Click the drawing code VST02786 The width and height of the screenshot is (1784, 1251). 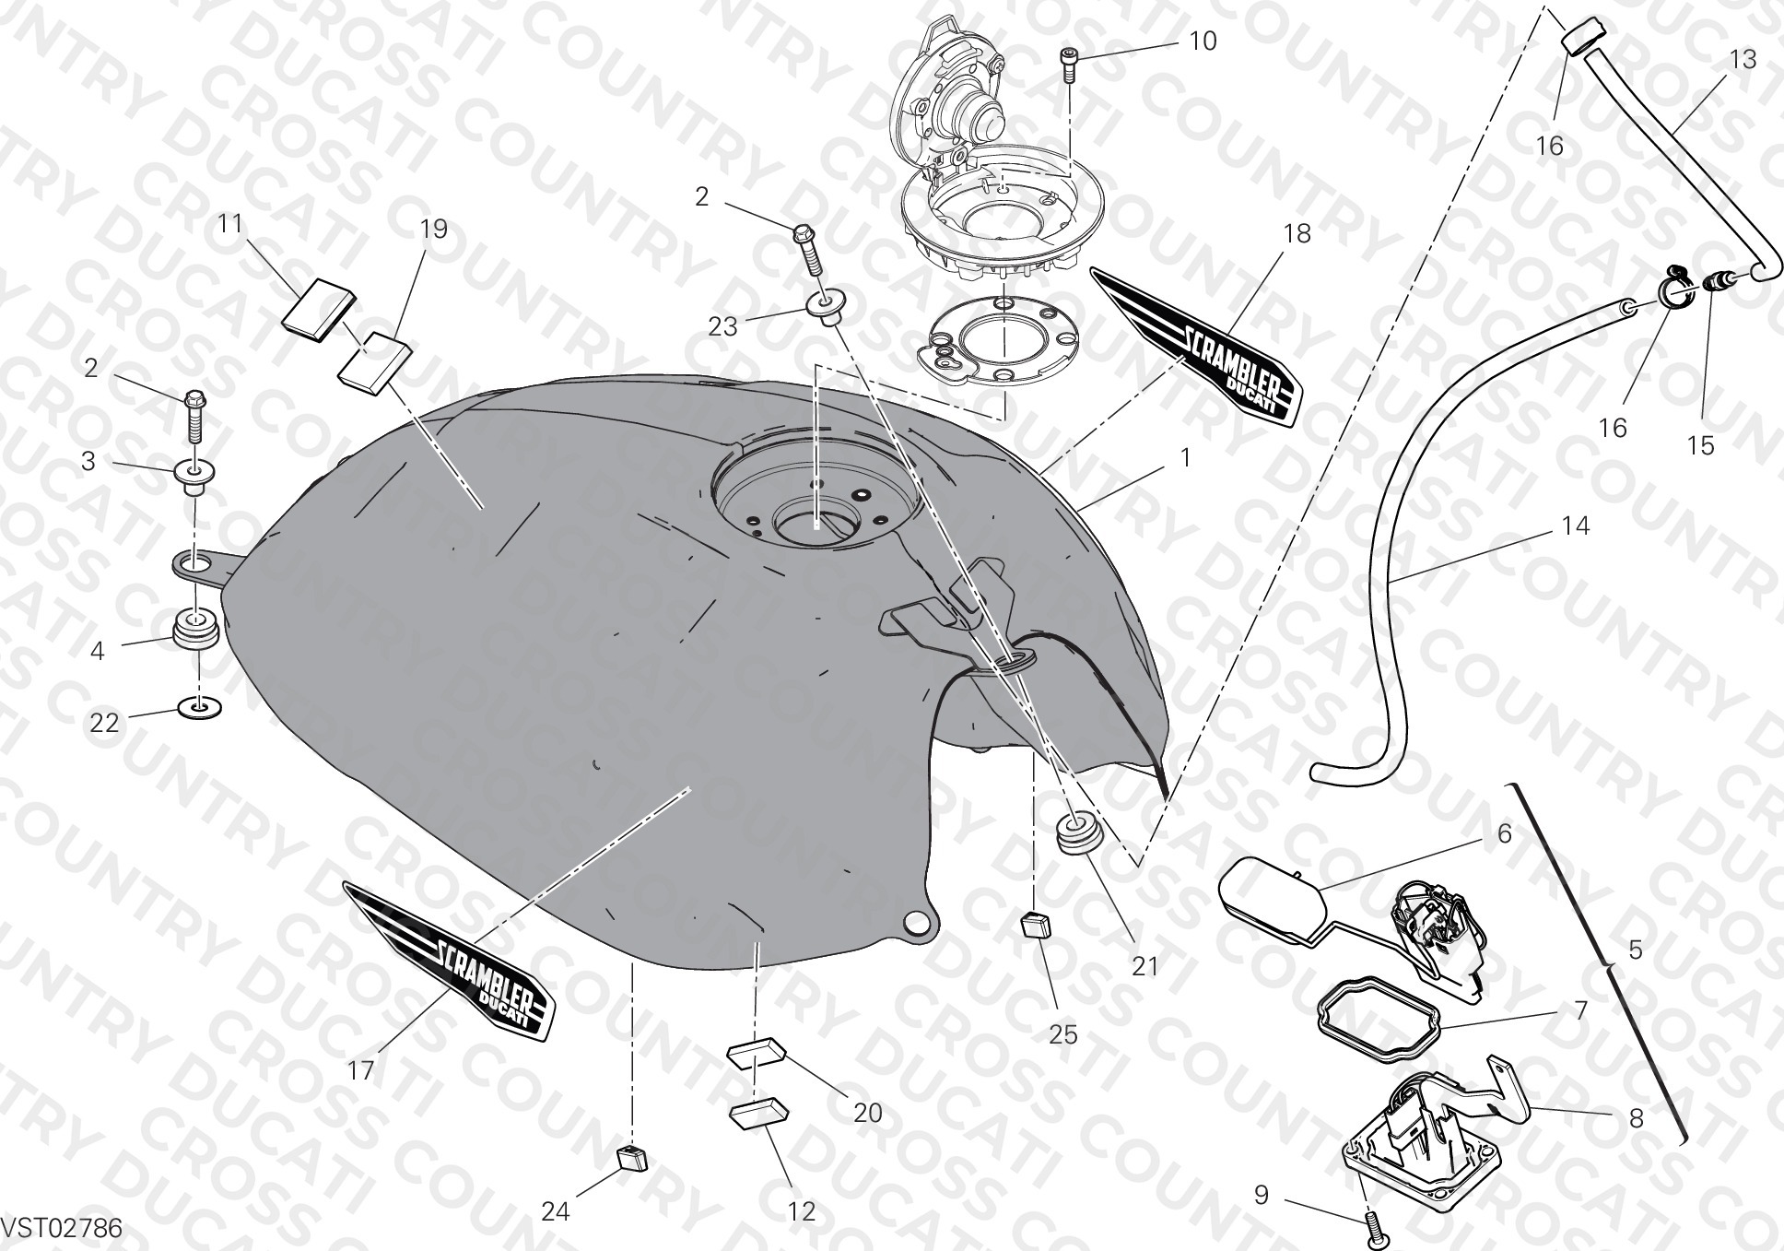click(61, 1229)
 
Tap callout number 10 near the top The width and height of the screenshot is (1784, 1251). click(1203, 41)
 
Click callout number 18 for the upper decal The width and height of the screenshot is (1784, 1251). click(1297, 234)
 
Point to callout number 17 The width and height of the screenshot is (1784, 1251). click(361, 1069)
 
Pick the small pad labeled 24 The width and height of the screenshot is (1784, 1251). click(631, 1156)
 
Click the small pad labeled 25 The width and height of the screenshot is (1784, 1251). click(1036, 922)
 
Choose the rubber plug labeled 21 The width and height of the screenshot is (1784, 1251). click(1076, 833)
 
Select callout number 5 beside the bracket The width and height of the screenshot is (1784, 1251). click(1636, 950)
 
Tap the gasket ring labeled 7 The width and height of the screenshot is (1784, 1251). click(1377, 1020)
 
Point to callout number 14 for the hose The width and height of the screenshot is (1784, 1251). click(1576, 526)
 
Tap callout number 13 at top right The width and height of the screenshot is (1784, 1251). click(1743, 60)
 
